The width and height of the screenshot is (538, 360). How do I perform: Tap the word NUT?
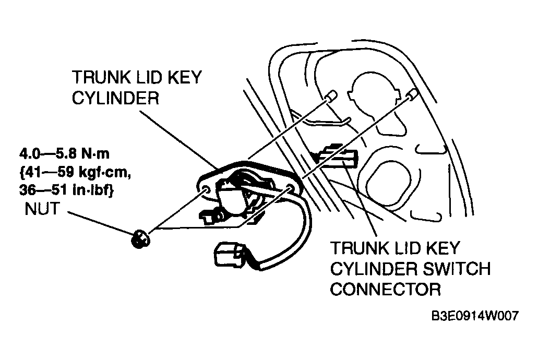pos(43,209)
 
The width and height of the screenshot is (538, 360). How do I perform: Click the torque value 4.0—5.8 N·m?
pos(65,154)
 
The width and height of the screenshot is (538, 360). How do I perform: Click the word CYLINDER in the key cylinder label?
pos(116,98)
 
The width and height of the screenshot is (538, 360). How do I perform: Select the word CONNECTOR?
pos(385,289)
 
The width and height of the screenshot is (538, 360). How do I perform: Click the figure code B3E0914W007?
pos(474,315)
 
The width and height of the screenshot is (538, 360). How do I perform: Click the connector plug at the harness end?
pos(230,254)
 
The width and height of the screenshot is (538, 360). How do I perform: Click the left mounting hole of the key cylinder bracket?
pos(207,190)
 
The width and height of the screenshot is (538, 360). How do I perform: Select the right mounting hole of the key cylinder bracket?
pos(289,188)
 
